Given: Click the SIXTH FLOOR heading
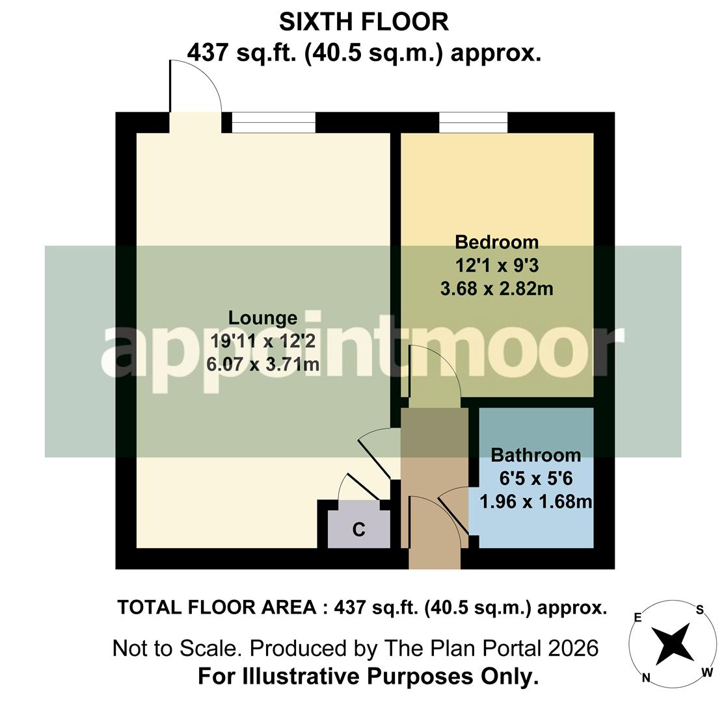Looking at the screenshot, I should [x=364, y=22].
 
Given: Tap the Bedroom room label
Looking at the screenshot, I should [x=496, y=242].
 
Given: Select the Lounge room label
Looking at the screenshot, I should [x=262, y=318].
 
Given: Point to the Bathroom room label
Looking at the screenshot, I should [x=535, y=454].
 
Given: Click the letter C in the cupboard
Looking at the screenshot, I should [x=358, y=530].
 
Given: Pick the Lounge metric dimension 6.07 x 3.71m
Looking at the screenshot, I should [x=262, y=365].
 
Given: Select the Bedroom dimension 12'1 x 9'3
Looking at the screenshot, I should [x=496, y=265].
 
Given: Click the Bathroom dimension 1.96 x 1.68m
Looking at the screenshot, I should [x=535, y=501].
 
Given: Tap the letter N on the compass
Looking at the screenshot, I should [x=646, y=678].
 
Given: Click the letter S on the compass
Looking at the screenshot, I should [x=700, y=610].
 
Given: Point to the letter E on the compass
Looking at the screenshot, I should [x=638, y=618].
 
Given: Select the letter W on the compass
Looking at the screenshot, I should [x=707, y=673].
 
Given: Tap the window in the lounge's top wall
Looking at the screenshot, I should [x=274, y=122].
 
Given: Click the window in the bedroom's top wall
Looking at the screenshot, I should [x=473, y=122].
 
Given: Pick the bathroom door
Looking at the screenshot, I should [x=454, y=513].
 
